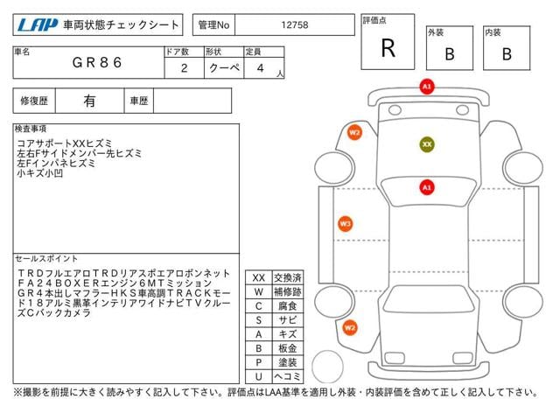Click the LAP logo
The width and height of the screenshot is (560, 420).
coord(37,25)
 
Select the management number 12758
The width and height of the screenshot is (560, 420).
coord(294,25)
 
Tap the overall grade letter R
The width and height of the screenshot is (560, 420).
coord(388,48)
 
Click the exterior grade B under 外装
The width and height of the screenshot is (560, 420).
coord(450,54)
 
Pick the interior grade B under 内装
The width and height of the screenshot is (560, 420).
coord(507,54)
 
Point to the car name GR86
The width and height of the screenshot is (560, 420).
coord(97,62)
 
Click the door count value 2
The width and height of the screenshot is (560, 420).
coord(185,68)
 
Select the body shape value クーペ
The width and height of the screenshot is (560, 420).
coord(224,67)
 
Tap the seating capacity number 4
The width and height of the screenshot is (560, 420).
coord(261,68)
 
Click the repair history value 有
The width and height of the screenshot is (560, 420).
coord(89,101)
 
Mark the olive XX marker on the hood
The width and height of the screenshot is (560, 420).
coord(427,144)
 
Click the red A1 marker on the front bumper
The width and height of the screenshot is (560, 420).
coord(427,87)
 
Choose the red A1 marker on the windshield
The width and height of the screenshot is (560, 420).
coord(427,187)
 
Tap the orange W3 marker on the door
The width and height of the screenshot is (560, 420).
coord(345,224)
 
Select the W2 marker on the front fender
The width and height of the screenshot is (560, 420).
coord(354,133)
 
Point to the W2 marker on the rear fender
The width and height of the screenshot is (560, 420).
coord(350,327)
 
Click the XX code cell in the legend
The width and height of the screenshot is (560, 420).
coord(259,277)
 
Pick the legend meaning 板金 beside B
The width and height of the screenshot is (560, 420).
coord(288,348)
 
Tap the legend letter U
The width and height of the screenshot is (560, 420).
coord(259,376)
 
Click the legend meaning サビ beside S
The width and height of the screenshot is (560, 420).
coord(288,320)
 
